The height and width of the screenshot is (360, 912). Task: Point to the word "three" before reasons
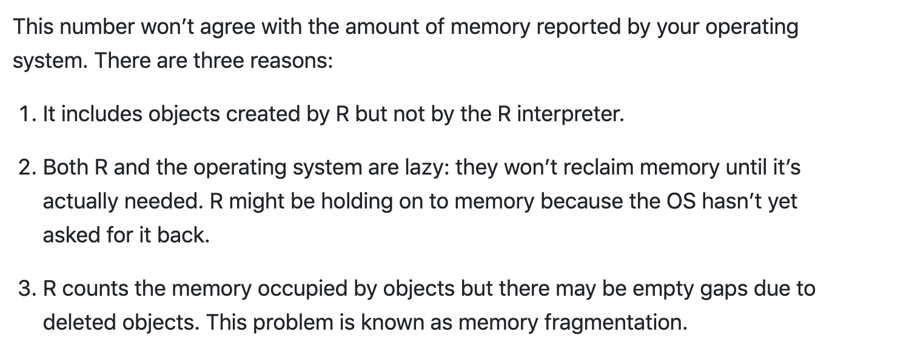click(x=218, y=62)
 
